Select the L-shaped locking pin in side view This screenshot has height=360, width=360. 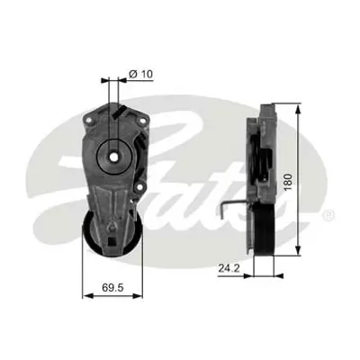231,211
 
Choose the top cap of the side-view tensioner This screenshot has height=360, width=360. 267,110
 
